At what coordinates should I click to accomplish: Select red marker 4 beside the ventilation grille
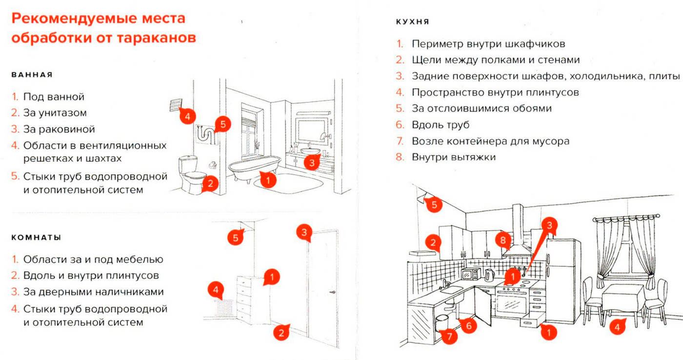[x=187, y=117]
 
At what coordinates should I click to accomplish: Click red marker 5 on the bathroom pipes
[x=222, y=124]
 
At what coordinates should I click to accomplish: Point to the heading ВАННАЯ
[x=32, y=75]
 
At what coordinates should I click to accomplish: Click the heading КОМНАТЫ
[x=36, y=238]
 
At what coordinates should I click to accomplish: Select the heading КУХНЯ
[x=413, y=22]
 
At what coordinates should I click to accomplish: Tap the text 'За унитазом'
[x=55, y=113]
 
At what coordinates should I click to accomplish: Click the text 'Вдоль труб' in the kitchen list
[x=441, y=125]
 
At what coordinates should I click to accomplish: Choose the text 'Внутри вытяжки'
[x=454, y=157]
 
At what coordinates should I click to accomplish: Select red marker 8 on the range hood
[x=503, y=240]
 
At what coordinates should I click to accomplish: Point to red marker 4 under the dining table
[x=617, y=326]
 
